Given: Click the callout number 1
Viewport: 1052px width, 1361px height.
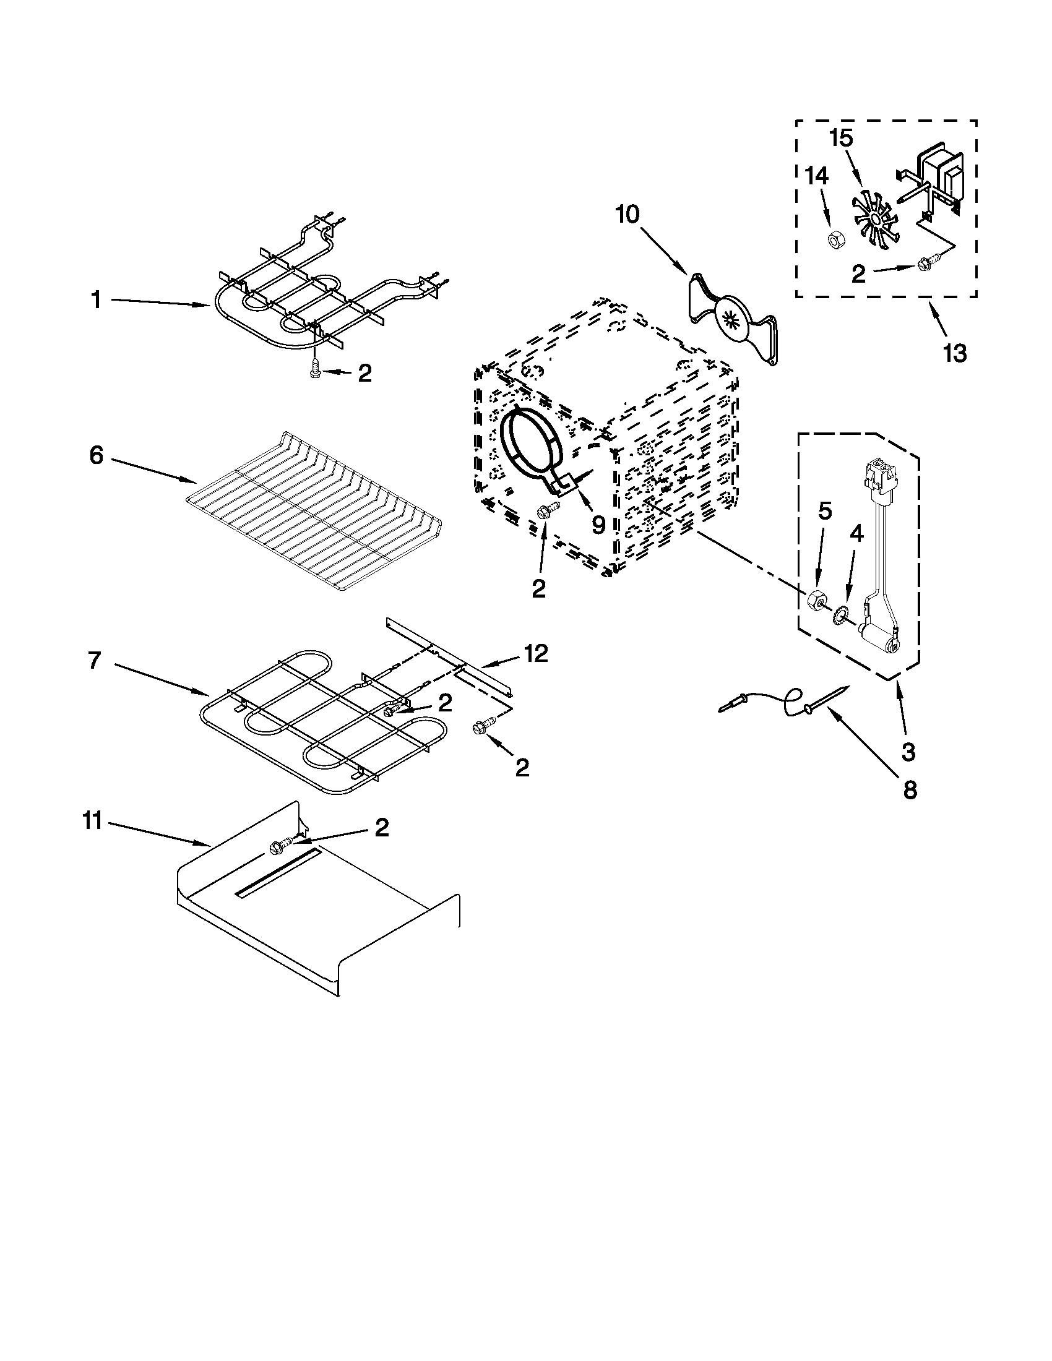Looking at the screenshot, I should [96, 301].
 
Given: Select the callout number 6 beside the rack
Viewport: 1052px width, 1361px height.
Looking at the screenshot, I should [96, 456].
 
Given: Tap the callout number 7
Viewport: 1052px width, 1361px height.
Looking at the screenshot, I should [94, 661].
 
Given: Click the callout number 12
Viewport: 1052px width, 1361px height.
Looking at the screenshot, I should [536, 653].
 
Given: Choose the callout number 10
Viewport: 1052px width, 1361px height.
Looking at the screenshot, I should [627, 215].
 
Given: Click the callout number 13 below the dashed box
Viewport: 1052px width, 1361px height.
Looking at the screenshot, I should [954, 353].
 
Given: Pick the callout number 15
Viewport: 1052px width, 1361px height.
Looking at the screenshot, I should [842, 139].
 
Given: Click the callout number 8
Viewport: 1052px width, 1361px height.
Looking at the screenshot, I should [910, 790].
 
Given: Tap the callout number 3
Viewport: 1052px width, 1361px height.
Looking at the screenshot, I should [908, 752].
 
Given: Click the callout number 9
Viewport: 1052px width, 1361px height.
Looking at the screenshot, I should [598, 525].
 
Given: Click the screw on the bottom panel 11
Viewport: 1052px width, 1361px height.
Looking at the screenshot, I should [277, 847].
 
